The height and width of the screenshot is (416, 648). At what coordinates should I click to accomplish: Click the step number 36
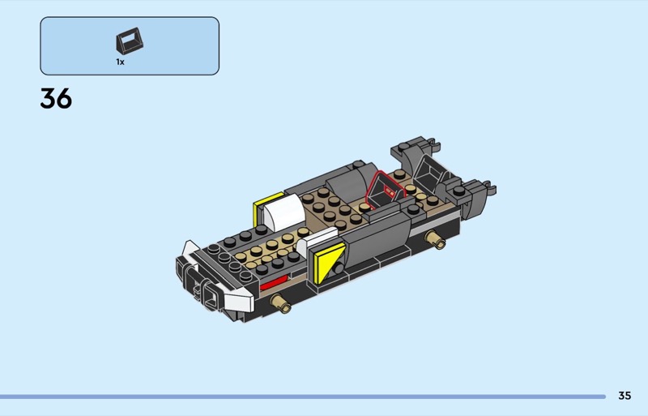click(56, 99)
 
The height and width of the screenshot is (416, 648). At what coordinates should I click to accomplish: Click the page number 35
click(625, 396)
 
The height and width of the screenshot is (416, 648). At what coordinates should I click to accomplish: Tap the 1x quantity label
click(120, 62)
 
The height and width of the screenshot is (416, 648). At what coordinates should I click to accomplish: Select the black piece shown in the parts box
click(130, 41)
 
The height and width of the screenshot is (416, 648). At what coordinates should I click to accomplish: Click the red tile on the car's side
click(273, 283)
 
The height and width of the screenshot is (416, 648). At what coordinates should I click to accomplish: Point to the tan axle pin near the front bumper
click(280, 303)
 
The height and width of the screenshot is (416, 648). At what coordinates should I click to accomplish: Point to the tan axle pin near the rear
click(436, 239)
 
